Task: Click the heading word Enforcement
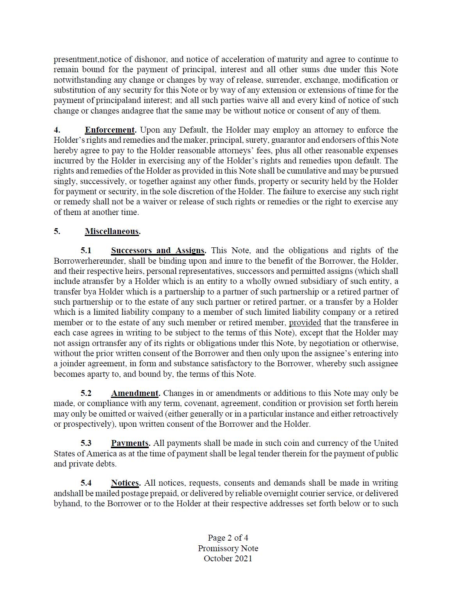(x=110, y=130)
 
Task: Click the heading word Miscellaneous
(x=112, y=231)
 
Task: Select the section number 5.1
(x=86, y=250)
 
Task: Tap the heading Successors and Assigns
(x=158, y=250)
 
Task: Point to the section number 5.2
(x=86, y=393)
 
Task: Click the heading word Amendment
(x=135, y=393)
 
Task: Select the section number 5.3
(x=86, y=443)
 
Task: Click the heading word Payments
(x=130, y=443)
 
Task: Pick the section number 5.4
(x=86, y=483)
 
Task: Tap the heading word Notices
(x=125, y=483)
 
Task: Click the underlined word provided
(x=305, y=323)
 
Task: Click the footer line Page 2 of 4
(x=228, y=538)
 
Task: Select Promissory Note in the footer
(x=228, y=548)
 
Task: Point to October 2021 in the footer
(x=228, y=558)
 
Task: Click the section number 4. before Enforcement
(x=56, y=130)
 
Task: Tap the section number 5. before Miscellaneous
(x=57, y=231)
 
